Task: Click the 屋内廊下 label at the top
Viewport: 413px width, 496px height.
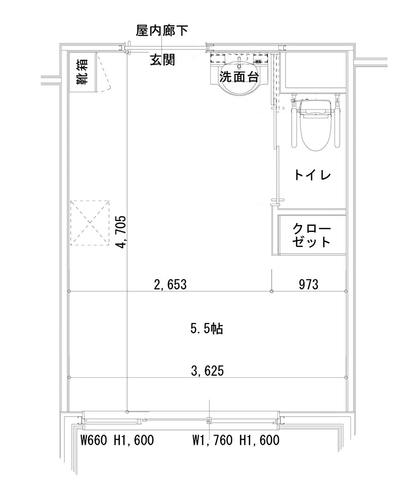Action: pos(162,31)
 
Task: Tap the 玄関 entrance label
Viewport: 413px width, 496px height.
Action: pos(163,60)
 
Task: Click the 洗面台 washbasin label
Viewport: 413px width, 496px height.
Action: pos(239,78)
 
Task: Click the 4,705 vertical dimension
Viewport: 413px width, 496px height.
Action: pos(121,231)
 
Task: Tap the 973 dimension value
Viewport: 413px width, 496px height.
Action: pos(308,284)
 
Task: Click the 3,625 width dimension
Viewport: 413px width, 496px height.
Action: pos(207,370)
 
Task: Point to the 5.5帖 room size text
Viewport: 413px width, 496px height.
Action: pos(206,329)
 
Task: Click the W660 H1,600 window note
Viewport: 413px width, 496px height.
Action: pos(118,441)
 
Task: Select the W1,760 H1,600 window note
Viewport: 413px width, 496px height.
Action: pos(236,441)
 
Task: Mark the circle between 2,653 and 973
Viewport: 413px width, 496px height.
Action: pos(272,292)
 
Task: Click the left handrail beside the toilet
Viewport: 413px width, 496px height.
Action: pos(293,121)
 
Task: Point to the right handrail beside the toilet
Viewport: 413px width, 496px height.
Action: pos(339,121)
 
